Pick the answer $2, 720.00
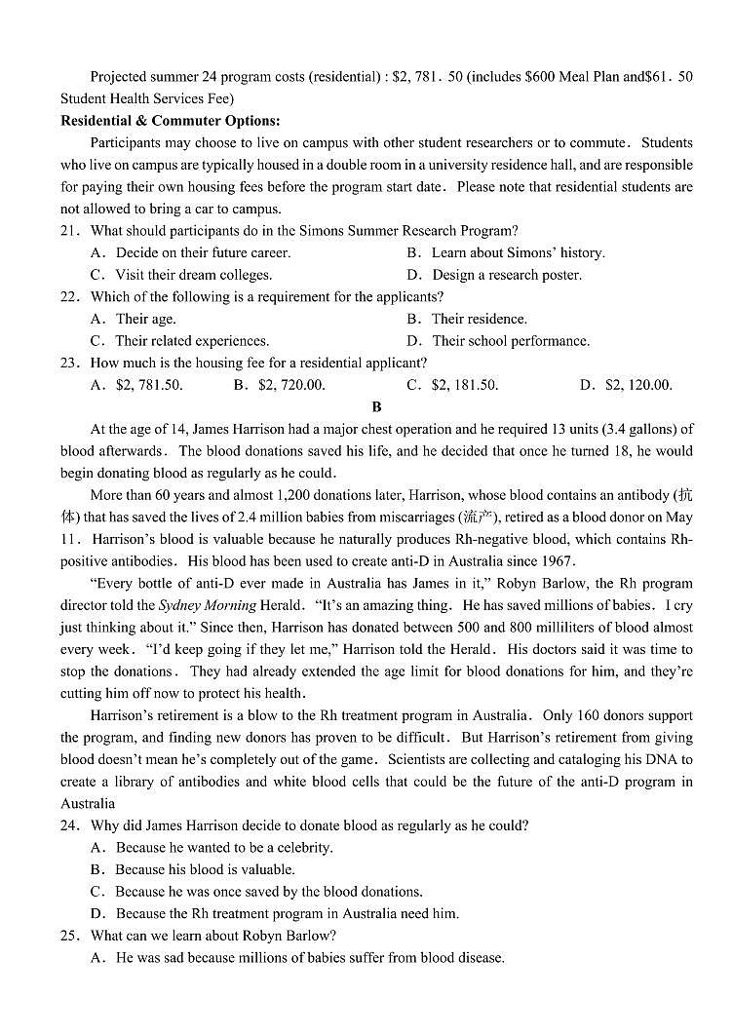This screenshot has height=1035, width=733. pyautogui.click(x=291, y=385)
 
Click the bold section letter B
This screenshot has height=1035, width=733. pyautogui.click(x=376, y=406)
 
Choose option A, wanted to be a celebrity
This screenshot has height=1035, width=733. pyautogui.click(x=223, y=848)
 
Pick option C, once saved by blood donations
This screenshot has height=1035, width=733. pyautogui.click(x=268, y=892)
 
